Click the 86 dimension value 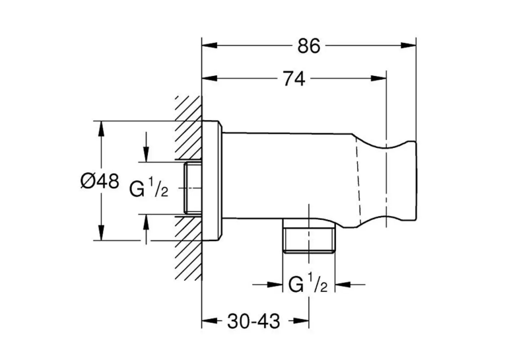point(309,46)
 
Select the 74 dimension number point(294,79)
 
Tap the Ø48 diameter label point(100,181)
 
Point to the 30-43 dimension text point(253,321)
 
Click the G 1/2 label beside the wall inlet point(149,189)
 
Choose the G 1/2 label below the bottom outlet point(308,285)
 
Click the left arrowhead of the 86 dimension point(209,46)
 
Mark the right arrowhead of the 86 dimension point(409,46)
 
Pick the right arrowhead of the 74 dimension point(378,79)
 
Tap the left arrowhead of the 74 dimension point(209,79)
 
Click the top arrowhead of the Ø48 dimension point(102,129)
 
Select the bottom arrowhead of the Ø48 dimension point(102,233)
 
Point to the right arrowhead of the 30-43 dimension point(302,320)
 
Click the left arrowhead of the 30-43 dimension point(209,320)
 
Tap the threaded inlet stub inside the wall point(193,188)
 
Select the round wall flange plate point(212,181)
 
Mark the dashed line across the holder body point(359,180)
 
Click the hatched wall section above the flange point(189,127)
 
